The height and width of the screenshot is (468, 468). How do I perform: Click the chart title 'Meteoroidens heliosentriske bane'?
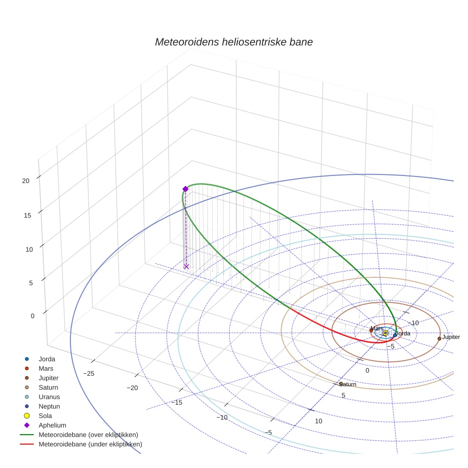click(234, 42)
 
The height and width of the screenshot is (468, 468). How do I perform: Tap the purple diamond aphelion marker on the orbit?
click(185, 189)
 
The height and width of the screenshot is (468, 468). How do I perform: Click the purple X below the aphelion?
click(186, 266)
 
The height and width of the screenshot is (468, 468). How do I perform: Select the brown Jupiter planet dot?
click(439, 339)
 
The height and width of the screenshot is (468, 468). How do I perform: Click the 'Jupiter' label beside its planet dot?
click(451, 337)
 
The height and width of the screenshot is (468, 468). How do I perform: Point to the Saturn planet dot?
click(341, 384)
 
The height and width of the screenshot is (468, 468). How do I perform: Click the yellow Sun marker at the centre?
click(385, 333)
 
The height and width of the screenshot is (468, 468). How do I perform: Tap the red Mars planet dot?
click(371, 331)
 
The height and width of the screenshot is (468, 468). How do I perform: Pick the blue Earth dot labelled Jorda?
click(395, 335)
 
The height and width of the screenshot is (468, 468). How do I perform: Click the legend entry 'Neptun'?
click(49, 406)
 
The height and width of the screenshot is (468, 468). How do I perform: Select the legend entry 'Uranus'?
click(49, 397)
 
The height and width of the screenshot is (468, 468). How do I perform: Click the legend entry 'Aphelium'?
click(52, 425)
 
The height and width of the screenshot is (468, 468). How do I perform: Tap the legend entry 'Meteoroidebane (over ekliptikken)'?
click(88, 435)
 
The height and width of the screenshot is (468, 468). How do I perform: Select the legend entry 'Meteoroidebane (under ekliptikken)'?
click(90, 444)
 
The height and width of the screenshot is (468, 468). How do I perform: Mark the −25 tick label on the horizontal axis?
click(88, 373)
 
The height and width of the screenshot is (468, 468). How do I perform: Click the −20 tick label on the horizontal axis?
click(132, 388)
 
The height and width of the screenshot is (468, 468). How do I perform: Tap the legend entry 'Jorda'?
click(47, 359)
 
